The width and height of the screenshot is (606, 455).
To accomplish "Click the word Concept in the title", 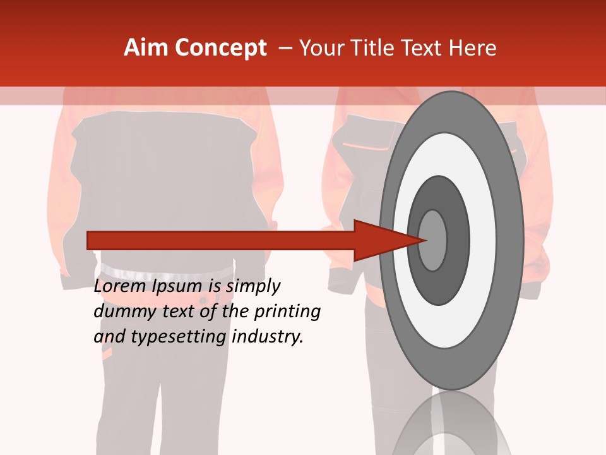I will (x=220, y=48).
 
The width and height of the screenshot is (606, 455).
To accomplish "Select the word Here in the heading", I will (x=473, y=48).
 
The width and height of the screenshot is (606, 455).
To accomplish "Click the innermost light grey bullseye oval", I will (x=433, y=240).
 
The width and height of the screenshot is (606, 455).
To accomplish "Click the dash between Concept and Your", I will (x=285, y=48).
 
